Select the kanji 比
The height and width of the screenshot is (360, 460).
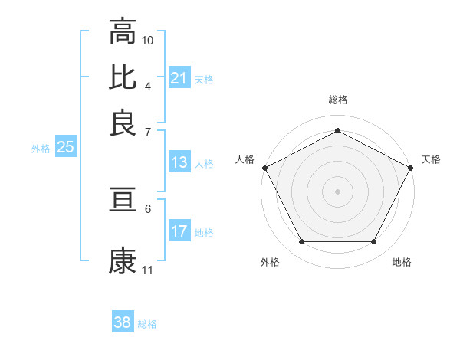(123, 77)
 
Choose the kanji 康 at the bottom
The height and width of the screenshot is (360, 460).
(123, 260)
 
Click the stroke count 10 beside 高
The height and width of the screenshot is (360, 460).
(148, 40)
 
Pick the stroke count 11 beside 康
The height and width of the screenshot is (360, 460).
(148, 270)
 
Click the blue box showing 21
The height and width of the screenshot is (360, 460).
(179, 78)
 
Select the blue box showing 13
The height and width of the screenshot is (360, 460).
(179, 162)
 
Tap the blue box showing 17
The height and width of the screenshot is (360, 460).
(179, 231)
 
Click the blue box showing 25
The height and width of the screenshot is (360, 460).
(65, 148)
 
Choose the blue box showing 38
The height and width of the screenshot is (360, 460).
(122, 322)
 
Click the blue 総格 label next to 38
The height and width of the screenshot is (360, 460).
(147, 324)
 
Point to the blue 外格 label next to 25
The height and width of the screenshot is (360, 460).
(40, 149)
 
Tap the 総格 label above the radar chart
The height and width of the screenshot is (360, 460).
(337, 100)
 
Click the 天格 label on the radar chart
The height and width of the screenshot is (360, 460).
(431, 159)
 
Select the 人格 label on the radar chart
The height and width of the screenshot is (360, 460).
(245, 159)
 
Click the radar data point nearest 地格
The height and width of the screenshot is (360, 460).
(374, 242)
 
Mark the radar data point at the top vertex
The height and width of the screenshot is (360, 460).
(337, 130)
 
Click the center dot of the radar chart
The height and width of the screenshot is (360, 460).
(337, 191)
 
